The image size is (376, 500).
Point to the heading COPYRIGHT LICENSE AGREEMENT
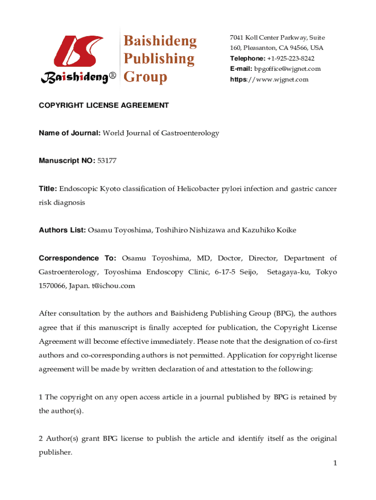(x=104, y=105)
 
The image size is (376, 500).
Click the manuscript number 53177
(x=107, y=160)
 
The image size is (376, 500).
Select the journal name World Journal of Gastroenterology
(x=161, y=133)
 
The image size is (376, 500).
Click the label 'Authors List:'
(x=63, y=230)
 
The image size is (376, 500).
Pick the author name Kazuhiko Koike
(x=270, y=230)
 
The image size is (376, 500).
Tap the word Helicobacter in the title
(x=198, y=188)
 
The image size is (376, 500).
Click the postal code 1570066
(x=53, y=286)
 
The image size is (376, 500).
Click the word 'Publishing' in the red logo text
(x=158, y=59)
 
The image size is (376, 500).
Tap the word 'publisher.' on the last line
(x=55, y=452)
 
